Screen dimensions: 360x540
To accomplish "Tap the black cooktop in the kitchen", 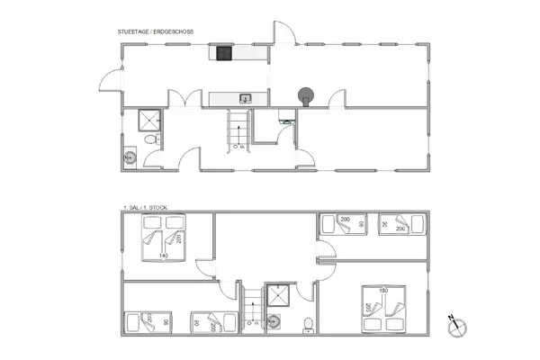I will click(x=222, y=54).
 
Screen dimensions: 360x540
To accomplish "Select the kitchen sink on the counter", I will click(x=244, y=97).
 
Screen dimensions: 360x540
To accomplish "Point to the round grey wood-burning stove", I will click(x=308, y=94).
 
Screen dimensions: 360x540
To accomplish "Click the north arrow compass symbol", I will click(x=457, y=324).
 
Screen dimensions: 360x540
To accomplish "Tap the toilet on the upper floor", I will click(x=307, y=322).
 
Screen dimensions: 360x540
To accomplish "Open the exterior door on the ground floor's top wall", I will click(x=283, y=31).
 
